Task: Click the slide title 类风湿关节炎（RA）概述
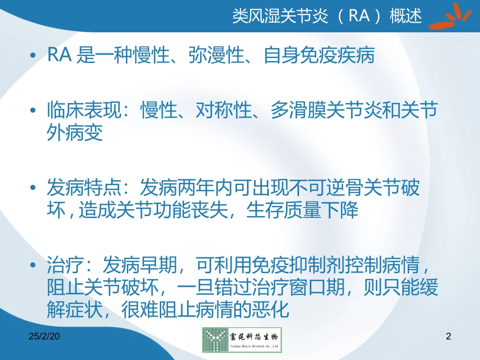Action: (x=326, y=16)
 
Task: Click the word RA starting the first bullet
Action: (x=59, y=56)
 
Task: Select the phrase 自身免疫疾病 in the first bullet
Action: (x=319, y=56)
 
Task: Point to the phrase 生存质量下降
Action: (x=302, y=210)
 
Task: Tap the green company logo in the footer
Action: (x=242, y=339)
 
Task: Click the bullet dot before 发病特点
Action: (x=33, y=189)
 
